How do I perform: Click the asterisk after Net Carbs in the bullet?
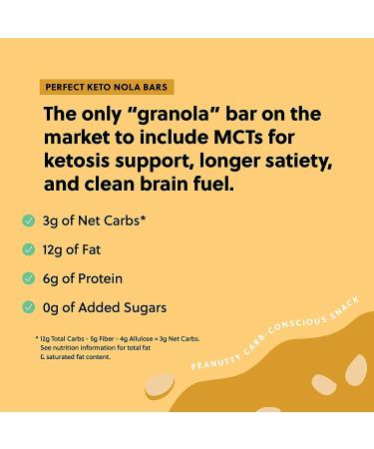click(x=171, y=217)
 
